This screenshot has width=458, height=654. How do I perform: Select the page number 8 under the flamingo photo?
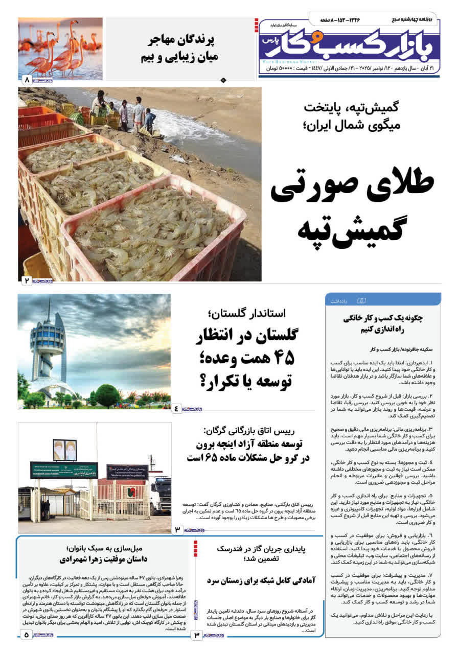tap(26, 80)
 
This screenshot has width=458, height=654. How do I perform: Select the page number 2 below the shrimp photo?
tap(26, 281)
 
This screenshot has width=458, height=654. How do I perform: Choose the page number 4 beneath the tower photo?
tap(177, 408)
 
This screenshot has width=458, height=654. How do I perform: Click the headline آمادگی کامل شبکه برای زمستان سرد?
tap(262, 581)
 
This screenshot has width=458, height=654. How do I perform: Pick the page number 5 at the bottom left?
tap(26, 635)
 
